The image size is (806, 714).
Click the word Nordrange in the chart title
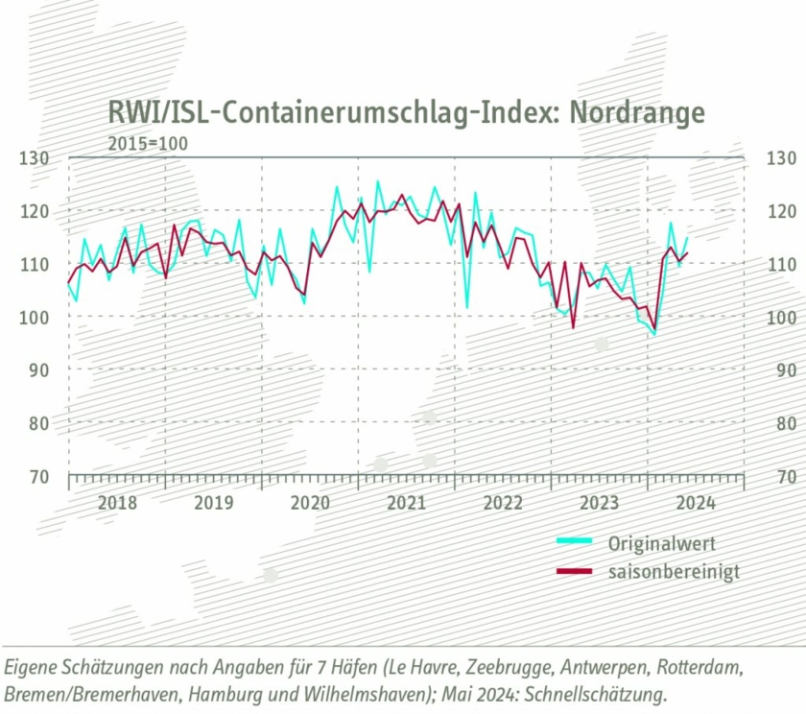click(x=637, y=112)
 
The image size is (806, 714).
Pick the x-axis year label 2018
click(x=117, y=502)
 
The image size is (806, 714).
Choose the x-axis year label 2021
click(x=406, y=502)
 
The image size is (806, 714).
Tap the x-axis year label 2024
click(x=695, y=502)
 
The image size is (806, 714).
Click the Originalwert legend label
click(x=662, y=543)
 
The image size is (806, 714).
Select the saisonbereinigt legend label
click(x=674, y=572)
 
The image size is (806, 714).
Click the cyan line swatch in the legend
click(x=576, y=542)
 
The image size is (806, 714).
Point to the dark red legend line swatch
click(x=576, y=572)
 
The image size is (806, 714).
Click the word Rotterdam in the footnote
click(x=698, y=665)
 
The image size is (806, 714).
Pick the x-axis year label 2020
click(x=310, y=502)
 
